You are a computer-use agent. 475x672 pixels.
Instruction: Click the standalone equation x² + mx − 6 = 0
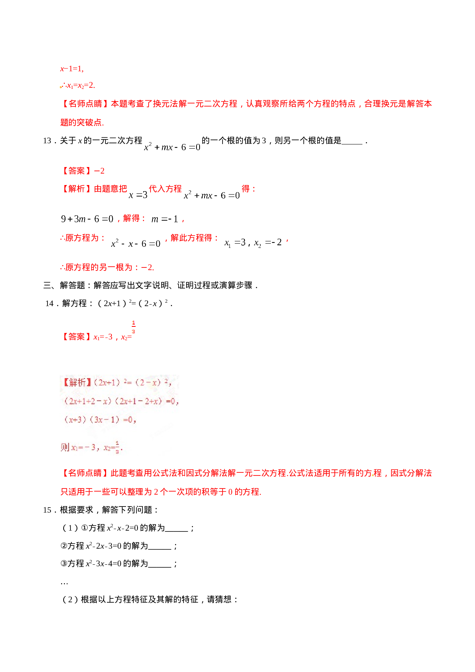pos(172,147)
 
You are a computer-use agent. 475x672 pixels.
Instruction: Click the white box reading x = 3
pos(138,195)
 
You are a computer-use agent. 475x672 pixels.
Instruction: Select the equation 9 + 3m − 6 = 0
pos(87,219)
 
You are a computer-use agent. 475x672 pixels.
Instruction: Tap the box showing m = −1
pos(164,219)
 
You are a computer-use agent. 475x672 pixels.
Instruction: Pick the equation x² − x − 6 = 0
pos(136,243)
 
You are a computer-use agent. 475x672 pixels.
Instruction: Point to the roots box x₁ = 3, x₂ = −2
pos(253,243)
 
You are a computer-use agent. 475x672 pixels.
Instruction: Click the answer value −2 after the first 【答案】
pos(100,171)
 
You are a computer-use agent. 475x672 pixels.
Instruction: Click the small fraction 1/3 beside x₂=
pos(134,327)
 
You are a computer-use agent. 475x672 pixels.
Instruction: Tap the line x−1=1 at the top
pos(72,69)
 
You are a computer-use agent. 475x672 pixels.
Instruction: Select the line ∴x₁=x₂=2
pos(78,85)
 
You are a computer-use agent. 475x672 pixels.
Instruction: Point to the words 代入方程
pos(165,188)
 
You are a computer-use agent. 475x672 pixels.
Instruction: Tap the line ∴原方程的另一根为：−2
pos(107,267)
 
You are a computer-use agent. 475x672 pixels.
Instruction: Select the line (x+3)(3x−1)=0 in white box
pos(100,420)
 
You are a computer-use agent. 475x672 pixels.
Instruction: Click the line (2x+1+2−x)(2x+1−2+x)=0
pos(121,401)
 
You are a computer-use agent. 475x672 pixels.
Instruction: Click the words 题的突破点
pos(82,123)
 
